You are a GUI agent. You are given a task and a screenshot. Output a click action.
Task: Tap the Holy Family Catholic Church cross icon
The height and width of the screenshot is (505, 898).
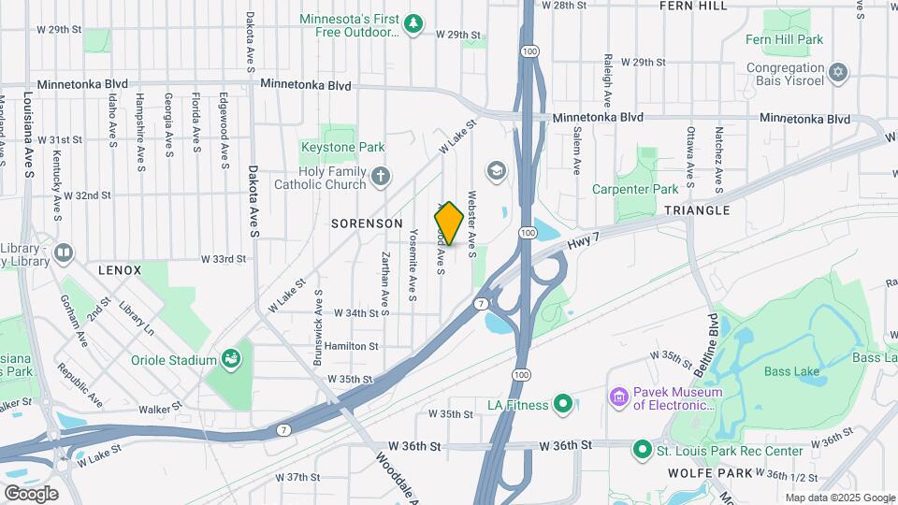pyautogui.click(x=380, y=176)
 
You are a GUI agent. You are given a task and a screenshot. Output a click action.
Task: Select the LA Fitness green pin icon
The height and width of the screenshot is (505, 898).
pyautogui.click(x=562, y=404)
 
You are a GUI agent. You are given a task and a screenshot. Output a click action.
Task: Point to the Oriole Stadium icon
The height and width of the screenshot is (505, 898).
pyautogui.click(x=230, y=358)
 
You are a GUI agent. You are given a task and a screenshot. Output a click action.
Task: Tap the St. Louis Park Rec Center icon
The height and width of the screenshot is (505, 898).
pyautogui.click(x=642, y=451)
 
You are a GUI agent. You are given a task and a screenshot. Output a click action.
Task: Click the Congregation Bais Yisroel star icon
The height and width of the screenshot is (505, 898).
pyautogui.click(x=838, y=72)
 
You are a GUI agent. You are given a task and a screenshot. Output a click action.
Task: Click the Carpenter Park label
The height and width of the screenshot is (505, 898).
pyautogui.click(x=635, y=189)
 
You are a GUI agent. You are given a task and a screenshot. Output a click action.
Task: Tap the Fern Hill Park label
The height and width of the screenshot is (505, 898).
pyautogui.click(x=784, y=39)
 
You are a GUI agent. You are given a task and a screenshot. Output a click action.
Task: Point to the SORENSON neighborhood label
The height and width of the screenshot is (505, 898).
pyautogui.click(x=367, y=224)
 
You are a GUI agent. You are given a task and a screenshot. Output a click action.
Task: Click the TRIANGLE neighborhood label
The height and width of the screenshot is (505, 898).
pyautogui.click(x=696, y=211)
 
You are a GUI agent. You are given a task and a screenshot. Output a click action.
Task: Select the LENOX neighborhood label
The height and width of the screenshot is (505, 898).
pyautogui.click(x=120, y=270)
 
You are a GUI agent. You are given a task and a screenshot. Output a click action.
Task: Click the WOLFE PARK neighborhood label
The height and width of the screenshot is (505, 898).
pyautogui.click(x=710, y=473)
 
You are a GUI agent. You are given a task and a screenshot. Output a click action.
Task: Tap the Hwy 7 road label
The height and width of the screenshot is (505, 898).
pyautogui.click(x=585, y=244)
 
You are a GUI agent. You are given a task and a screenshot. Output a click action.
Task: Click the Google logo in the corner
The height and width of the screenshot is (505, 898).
pyautogui.click(x=31, y=493)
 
